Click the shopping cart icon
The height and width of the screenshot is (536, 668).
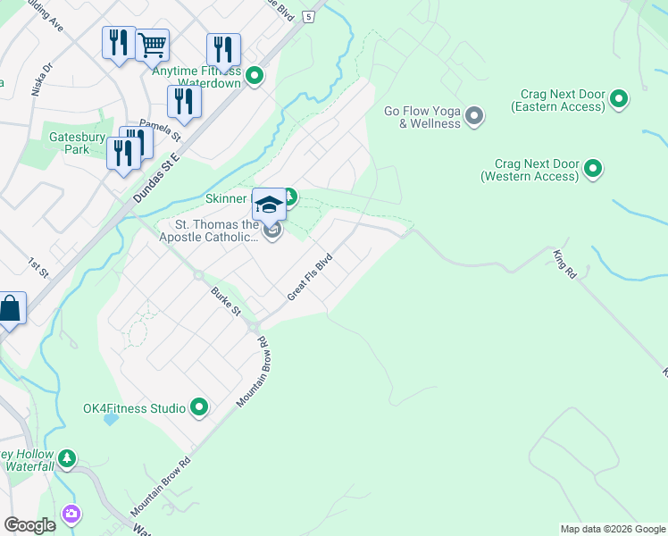pyautogui.click(x=153, y=44)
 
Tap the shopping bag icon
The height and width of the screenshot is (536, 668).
pyautogui.click(x=10, y=309)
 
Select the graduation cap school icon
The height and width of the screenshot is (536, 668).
pyautogui.click(x=268, y=205)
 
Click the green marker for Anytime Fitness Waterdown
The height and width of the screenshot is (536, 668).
pyautogui.click(x=255, y=76)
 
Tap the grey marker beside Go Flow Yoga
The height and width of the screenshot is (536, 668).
pyautogui.click(x=474, y=116)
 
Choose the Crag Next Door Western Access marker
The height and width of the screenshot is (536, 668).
pyautogui.click(x=592, y=168)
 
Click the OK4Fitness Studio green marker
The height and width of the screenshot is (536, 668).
pyautogui.click(x=199, y=408)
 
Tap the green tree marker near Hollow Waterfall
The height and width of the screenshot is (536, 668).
pyautogui.click(x=67, y=459)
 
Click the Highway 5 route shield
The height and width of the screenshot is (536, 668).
pyautogui.click(x=308, y=16)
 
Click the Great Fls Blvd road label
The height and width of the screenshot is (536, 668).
pyautogui.click(x=309, y=276)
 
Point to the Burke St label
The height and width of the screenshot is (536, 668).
pyautogui.click(x=226, y=301)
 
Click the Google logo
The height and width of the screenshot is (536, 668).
pyautogui.click(x=29, y=525)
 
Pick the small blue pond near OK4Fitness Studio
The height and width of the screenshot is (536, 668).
pyautogui.click(x=111, y=417)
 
